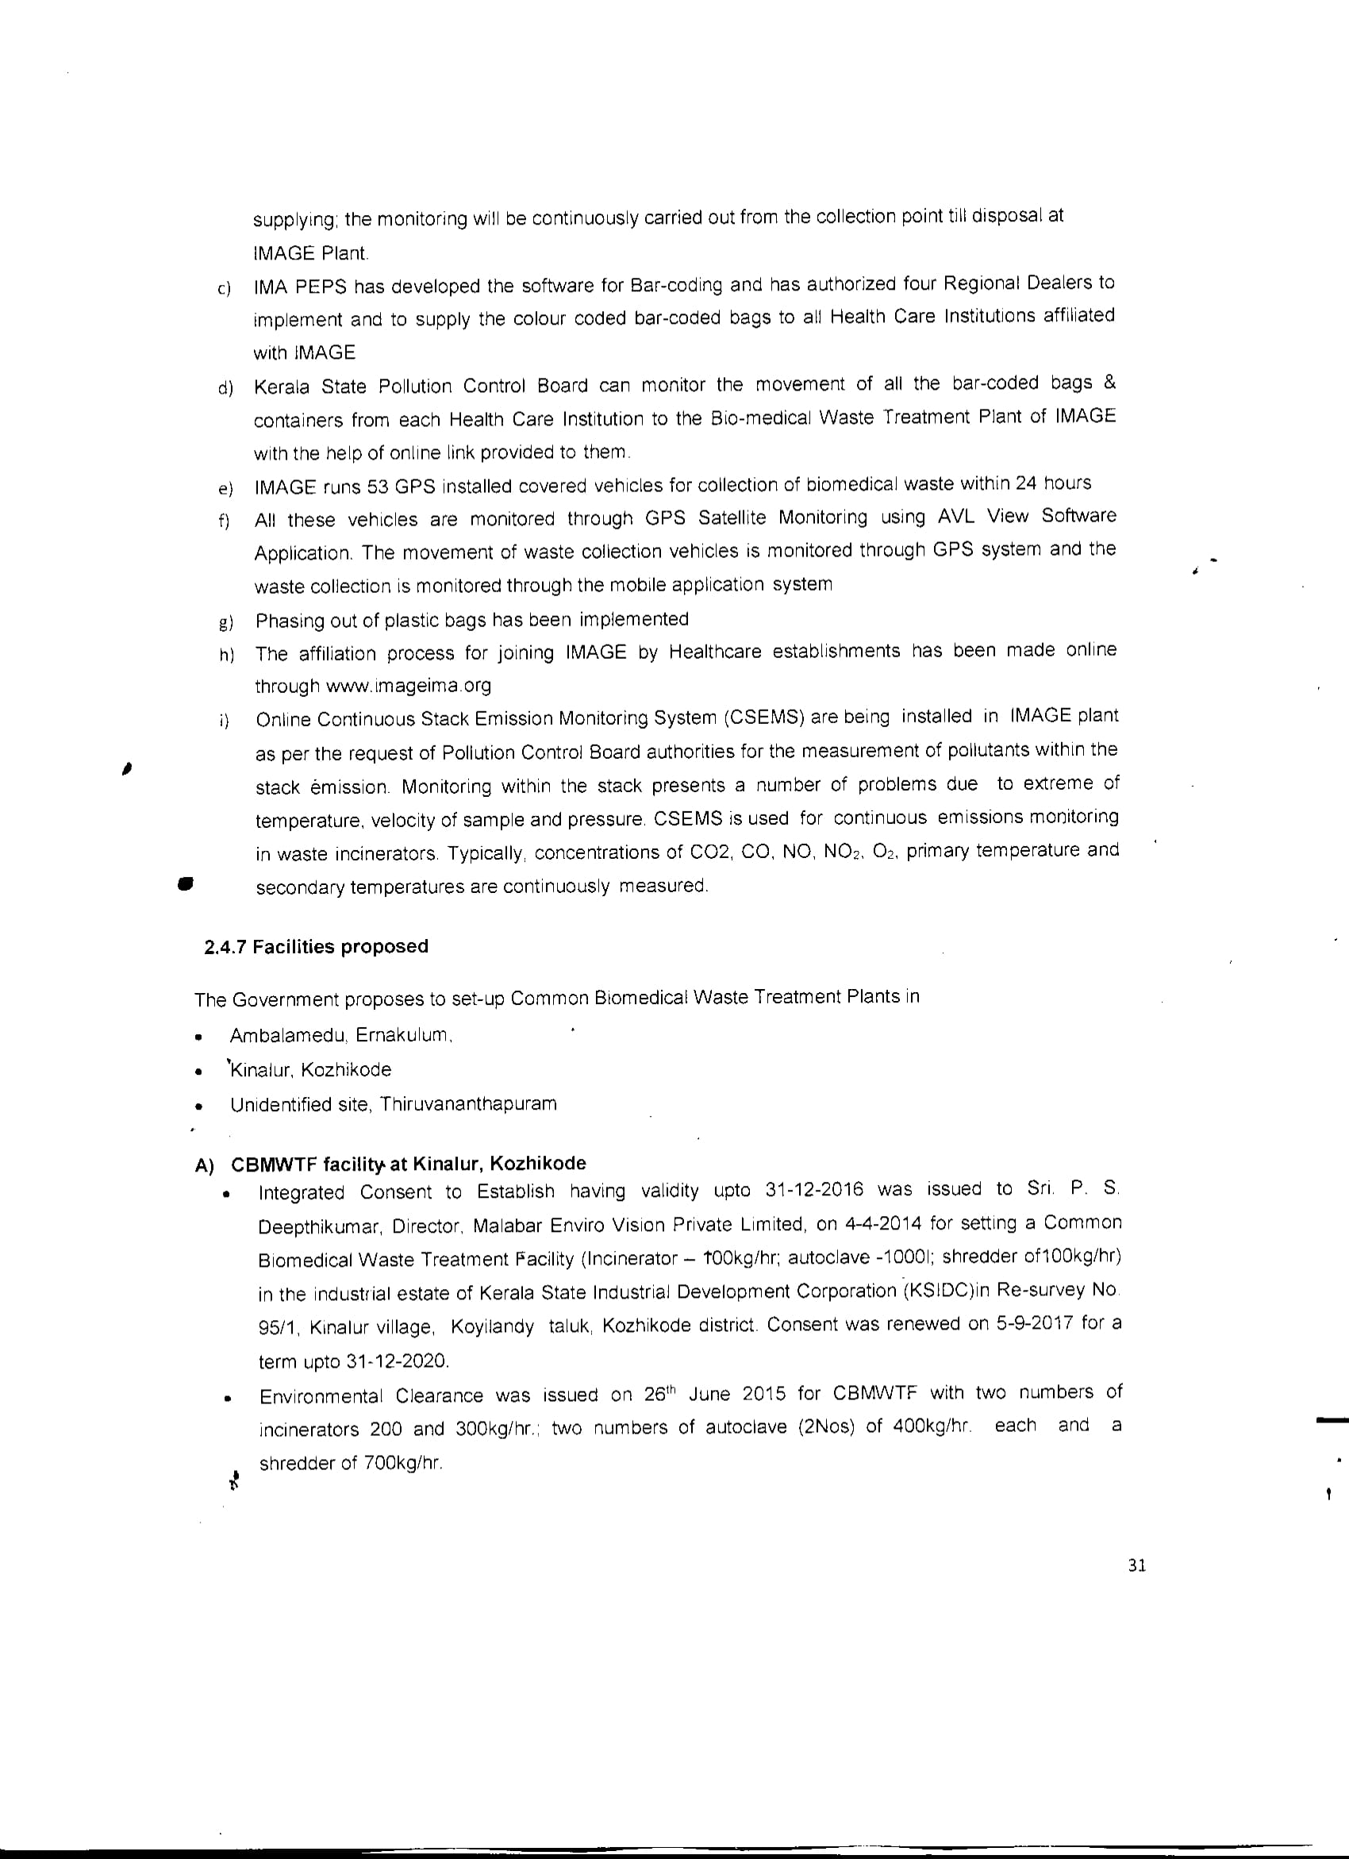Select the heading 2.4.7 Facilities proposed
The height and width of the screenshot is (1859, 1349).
(316, 947)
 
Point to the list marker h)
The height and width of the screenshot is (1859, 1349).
(226, 655)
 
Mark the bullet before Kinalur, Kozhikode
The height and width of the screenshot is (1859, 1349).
(198, 1072)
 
